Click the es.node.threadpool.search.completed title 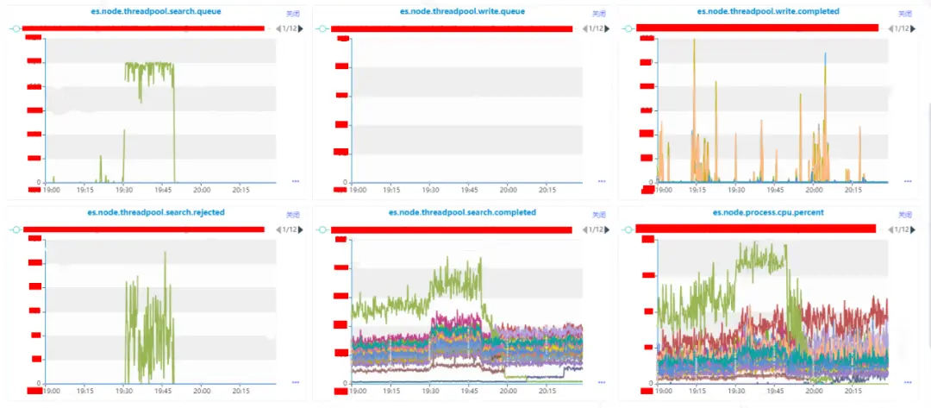coord(462,211)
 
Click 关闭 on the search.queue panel coord(292,14)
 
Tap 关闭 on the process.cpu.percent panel coord(904,214)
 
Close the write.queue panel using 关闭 coord(599,14)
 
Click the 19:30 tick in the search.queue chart coord(124,190)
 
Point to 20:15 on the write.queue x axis coord(546,190)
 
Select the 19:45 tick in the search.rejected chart coord(162,390)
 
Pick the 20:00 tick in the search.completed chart coord(508,390)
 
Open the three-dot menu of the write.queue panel coord(602,181)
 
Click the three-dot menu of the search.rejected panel coord(296,381)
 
